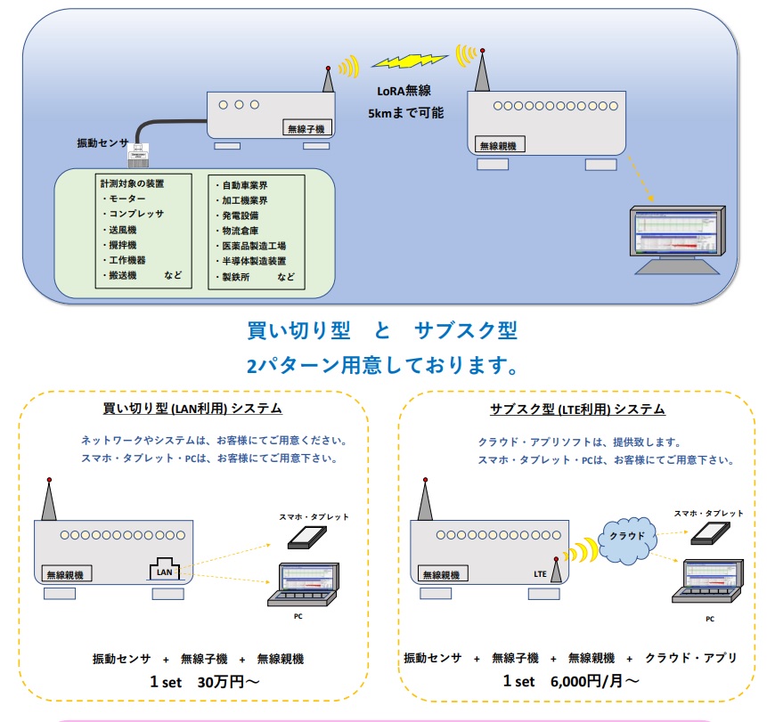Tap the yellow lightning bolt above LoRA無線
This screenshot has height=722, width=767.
pos(409,61)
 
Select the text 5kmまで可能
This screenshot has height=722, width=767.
pos(405,113)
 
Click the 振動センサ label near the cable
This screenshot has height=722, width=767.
pos(103,143)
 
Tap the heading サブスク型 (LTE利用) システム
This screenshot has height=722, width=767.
pos(577,410)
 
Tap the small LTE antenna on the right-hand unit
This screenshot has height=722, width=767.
pos(557,571)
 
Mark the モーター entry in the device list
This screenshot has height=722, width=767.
pos(129,199)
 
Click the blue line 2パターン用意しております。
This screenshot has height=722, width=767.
pos(382,366)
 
